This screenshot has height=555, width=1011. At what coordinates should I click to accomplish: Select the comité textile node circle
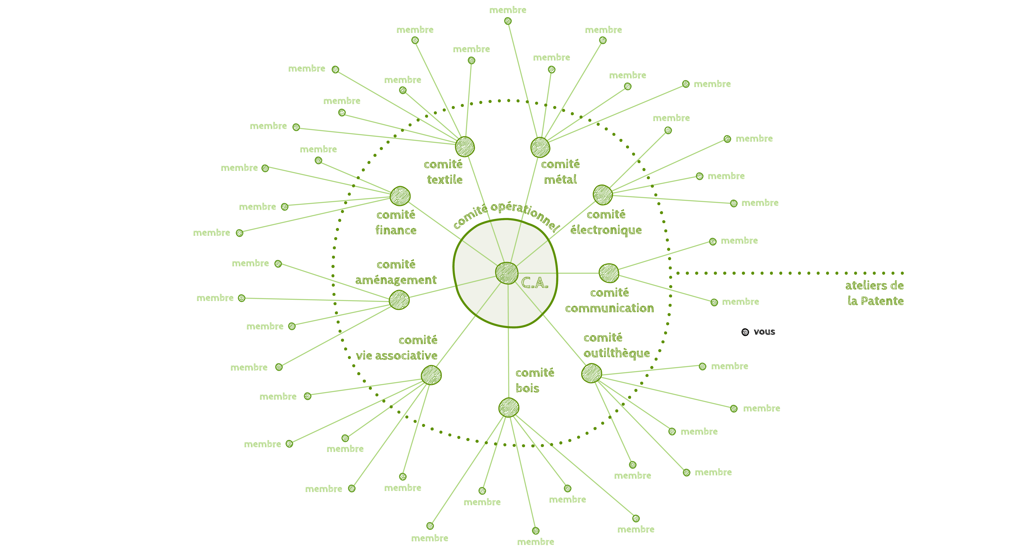[x=465, y=147]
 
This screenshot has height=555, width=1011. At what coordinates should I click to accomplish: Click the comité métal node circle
[x=540, y=147]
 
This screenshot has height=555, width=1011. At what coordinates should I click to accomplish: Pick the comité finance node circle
[x=400, y=196]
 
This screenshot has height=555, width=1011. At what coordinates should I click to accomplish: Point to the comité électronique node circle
[x=602, y=195]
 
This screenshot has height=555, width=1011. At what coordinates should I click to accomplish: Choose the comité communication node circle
[x=609, y=273]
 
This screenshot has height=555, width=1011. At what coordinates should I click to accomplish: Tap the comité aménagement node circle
[x=399, y=300]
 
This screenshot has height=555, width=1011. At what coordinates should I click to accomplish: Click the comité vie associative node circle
[x=431, y=375]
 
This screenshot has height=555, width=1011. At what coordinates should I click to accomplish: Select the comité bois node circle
[x=509, y=408]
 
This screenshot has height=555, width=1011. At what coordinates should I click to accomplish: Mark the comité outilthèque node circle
[x=591, y=373]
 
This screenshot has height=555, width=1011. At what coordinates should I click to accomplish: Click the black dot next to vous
[x=745, y=332]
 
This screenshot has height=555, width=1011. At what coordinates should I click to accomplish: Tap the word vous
[x=764, y=332]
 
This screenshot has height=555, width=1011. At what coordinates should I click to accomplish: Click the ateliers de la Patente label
[x=874, y=293]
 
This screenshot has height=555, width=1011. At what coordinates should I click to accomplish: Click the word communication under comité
[x=609, y=308]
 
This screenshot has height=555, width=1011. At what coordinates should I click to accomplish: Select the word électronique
[x=606, y=230]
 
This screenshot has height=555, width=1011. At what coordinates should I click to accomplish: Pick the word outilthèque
[x=617, y=354]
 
